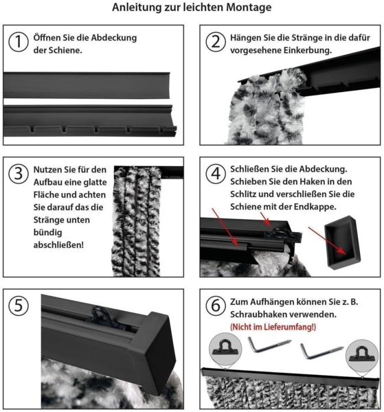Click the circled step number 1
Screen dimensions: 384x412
point(19,42)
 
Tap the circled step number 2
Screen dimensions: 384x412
point(216,42)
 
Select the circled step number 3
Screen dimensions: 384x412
point(19,174)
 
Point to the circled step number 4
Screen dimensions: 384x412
point(216,174)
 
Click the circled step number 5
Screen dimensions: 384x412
point(19,306)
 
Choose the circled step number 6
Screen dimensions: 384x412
point(216,306)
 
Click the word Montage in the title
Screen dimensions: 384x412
point(249,8)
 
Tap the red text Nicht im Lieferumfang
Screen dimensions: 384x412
point(273,327)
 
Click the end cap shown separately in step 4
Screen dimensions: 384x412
point(342,242)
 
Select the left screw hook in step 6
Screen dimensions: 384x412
point(269,345)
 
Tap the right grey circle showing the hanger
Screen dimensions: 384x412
point(362,356)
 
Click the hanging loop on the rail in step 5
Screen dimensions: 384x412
point(101,317)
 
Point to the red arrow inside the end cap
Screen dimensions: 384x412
point(327,241)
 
